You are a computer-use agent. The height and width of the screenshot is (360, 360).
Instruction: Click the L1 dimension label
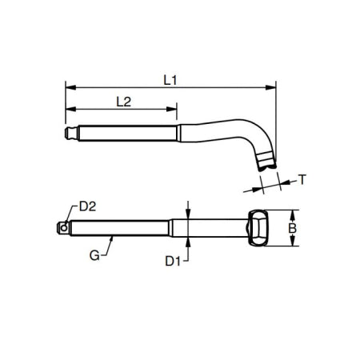(x=170, y=79)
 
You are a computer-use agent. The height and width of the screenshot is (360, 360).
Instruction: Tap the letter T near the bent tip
(x=302, y=179)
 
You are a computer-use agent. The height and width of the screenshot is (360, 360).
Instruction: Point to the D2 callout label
(x=88, y=206)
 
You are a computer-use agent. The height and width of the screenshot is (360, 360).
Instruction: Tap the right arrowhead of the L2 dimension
(x=174, y=110)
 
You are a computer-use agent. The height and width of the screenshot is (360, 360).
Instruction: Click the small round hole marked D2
(x=63, y=227)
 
